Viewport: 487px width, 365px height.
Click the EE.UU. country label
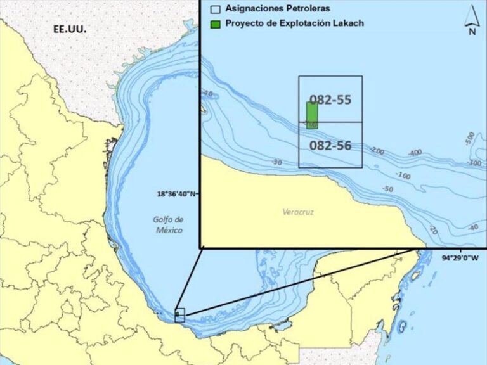[x=69, y=30]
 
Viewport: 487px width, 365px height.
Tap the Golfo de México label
[x=168, y=225]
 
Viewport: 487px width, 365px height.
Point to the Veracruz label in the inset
[x=298, y=212]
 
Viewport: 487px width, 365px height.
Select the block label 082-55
[x=330, y=99]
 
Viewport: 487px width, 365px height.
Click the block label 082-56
[x=330, y=145]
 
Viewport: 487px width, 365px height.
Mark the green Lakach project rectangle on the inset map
[x=312, y=114]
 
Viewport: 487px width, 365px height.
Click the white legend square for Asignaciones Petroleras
[x=216, y=10]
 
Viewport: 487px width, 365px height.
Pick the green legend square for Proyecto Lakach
[x=216, y=23]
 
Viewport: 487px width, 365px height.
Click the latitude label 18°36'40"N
[x=178, y=194]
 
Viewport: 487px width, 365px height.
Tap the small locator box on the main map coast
[x=179, y=314]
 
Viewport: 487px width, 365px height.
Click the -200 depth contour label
[x=377, y=151]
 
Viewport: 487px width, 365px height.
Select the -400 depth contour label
[x=415, y=153]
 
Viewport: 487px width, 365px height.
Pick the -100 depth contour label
[x=403, y=175]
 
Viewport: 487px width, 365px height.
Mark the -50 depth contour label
[x=387, y=189]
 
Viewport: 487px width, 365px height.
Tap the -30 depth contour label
[x=276, y=163]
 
